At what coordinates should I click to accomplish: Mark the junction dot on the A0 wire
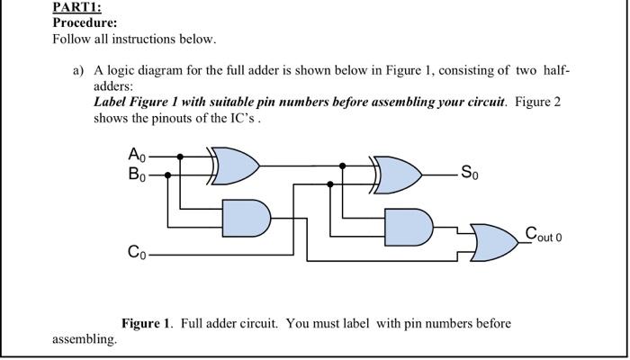(180, 157)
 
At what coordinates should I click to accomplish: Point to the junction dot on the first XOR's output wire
(343, 166)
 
